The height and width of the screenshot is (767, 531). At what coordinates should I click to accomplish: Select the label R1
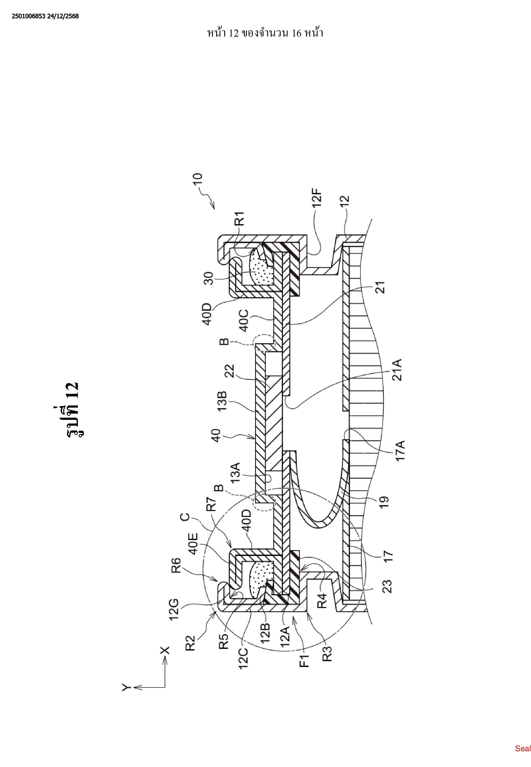(240, 219)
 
